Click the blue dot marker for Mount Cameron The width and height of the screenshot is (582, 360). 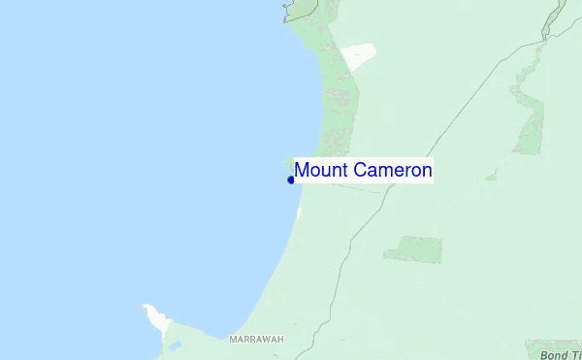(291, 180)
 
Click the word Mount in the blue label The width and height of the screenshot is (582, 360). (320, 171)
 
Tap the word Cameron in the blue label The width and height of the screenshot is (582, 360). (393, 171)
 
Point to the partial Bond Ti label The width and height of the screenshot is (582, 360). (561, 355)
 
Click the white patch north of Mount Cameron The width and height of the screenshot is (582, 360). (358, 56)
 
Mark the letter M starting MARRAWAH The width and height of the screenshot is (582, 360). (233, 340)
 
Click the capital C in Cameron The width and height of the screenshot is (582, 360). (360, 171)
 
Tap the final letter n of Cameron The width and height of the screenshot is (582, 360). (427, 171)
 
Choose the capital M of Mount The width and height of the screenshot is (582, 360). (302, 171)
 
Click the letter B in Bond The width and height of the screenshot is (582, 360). (544, 355)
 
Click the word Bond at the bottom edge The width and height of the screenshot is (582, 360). (554, 355)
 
